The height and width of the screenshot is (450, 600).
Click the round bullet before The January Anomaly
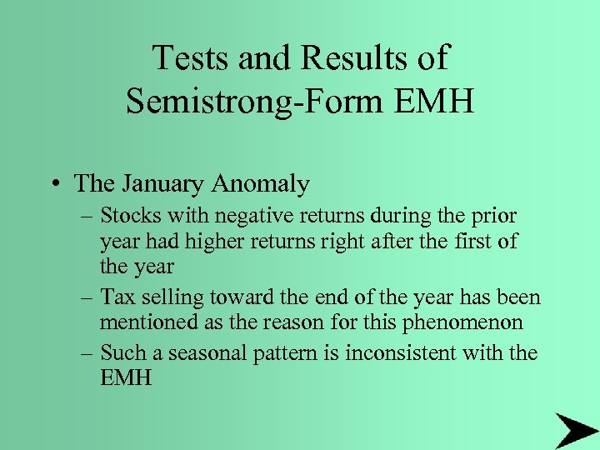click(55, 183)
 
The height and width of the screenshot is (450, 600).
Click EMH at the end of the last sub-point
click(126, 377)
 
